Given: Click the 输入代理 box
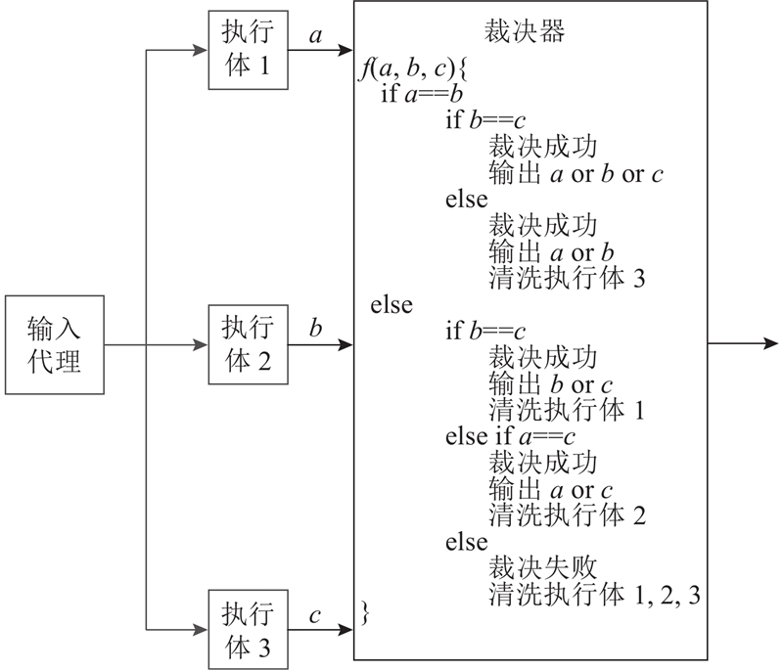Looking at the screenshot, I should point(55,344).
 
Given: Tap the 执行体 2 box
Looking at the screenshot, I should point(241,343).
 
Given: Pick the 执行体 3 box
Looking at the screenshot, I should point(241,627).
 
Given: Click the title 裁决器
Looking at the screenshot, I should point(525,32).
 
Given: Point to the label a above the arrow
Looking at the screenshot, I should point(315,36).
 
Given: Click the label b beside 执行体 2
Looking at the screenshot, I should point(315,328).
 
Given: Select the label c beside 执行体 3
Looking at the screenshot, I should point(315,615).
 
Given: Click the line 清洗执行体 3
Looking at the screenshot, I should point(565,279).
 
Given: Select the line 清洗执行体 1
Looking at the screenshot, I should point(565,409).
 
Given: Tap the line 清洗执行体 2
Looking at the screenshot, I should point(565,514).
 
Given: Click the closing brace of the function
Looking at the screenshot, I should point(366,614).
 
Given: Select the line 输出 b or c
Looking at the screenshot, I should point(552,383).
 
